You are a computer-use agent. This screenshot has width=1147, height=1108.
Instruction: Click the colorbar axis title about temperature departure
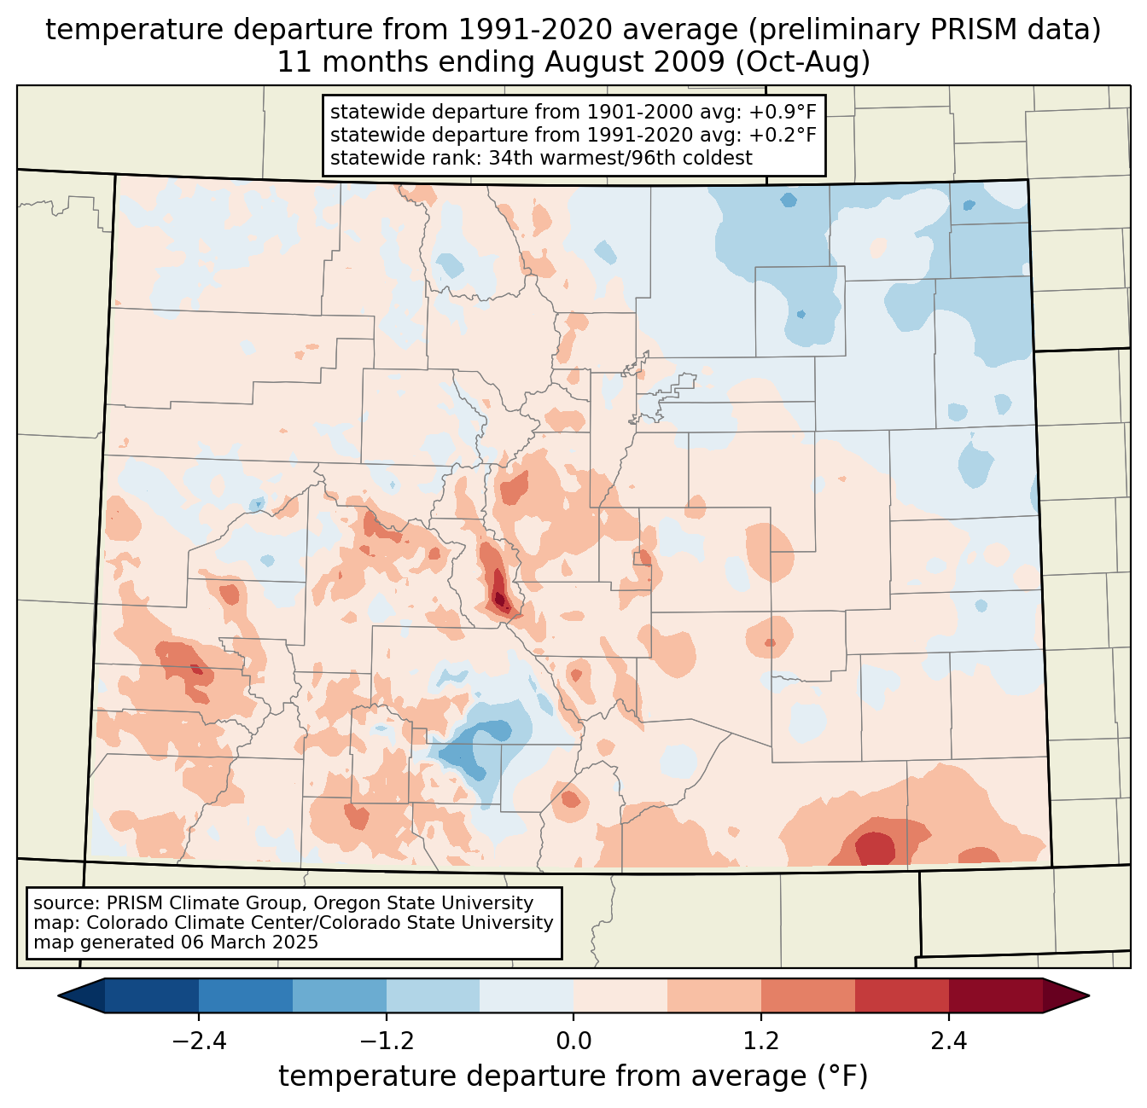pos(573,1076)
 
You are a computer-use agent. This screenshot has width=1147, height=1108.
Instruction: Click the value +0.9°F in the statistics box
pos(783,113)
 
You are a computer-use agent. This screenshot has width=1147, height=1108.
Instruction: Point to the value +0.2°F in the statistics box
pos(783,135)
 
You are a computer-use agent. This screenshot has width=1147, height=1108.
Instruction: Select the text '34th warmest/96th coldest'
pos(620,158)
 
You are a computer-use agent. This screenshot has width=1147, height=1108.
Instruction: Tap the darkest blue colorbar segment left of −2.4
pos(152,995)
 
